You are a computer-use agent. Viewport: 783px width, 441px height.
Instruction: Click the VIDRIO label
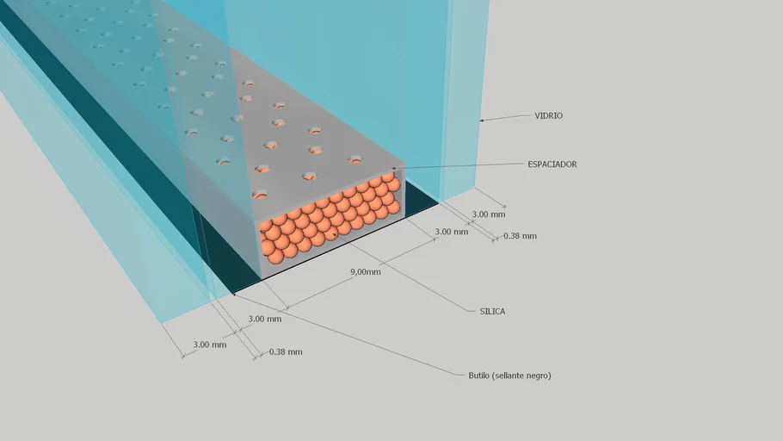tap(548, 115)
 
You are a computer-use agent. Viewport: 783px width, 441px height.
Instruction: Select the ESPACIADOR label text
tap(552, 164)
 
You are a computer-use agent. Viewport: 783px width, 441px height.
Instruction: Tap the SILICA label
tap(492, 311)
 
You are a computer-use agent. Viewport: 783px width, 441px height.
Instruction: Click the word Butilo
tap(479, 375)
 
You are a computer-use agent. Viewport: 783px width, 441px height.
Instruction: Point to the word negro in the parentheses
tap(538, 376)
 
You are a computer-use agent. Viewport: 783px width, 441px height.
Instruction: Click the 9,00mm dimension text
tap(365, 272)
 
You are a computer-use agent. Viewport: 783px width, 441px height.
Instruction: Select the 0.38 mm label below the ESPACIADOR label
tap(520, 236)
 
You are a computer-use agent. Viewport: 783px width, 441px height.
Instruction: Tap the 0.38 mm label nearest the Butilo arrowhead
tap(286, 352)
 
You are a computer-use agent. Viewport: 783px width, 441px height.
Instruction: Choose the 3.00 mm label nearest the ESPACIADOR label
tap(489, 214)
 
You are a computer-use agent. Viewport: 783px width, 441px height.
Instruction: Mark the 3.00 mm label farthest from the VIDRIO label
tap(210, 345)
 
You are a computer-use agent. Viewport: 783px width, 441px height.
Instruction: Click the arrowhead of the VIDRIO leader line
tap(481, 120)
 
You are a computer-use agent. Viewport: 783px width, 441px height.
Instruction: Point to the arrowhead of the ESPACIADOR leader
tap(393, 169)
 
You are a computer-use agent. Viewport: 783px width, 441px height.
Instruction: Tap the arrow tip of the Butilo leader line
tap(234, 295)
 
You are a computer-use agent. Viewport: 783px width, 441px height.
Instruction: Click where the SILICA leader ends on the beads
tap(333, 233)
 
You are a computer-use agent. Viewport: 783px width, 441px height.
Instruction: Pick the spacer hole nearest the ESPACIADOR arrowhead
tap(355, 159)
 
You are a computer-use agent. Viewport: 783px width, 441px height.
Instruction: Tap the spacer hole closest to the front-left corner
tap(260, 195)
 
